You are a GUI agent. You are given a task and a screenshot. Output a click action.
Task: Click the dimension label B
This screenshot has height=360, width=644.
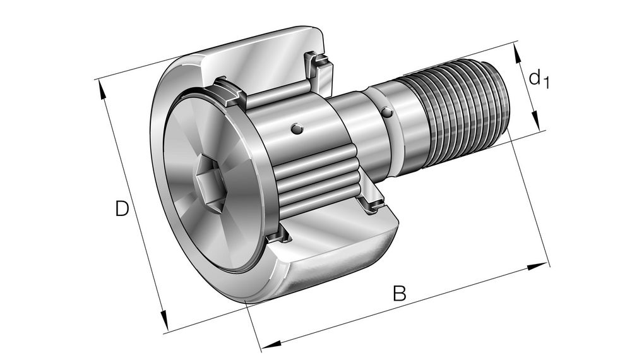(x=399, y=294)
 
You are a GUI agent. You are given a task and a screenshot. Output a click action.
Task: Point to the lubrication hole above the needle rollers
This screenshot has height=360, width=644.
(x=296, y=129)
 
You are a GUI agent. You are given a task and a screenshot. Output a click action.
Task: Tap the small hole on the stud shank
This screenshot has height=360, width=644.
(x=386, y=112)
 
